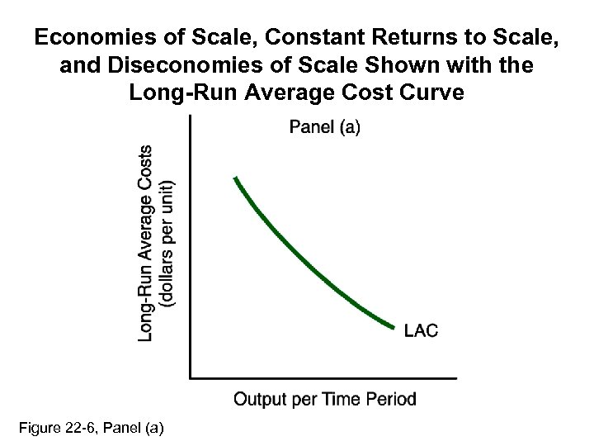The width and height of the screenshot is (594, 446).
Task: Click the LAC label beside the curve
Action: (422, 330)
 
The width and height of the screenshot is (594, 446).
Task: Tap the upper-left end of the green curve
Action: (236, 178)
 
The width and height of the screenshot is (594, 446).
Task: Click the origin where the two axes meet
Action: (191, 377)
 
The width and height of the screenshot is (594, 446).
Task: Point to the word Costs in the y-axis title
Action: (147, 170)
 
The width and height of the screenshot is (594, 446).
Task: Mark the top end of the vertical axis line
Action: (191, 116)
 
